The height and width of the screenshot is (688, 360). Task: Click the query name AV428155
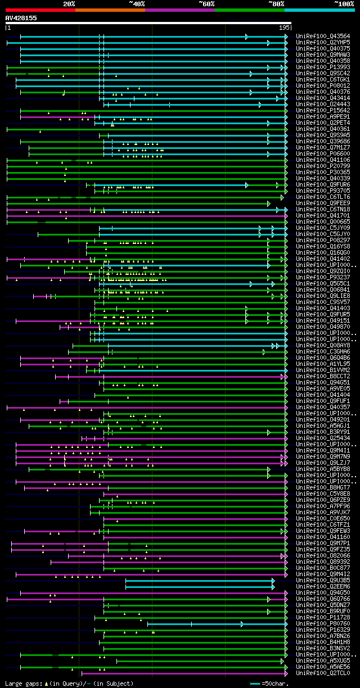pyautogui.click(x=21, y=18)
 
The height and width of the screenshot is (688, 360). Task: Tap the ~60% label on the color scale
pyautogui.click(x=206, y=4)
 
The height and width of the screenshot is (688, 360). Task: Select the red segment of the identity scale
pyautogui.click(x=40, y=10)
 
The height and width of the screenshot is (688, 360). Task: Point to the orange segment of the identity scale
pyautogui.click(x=110, y=10)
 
